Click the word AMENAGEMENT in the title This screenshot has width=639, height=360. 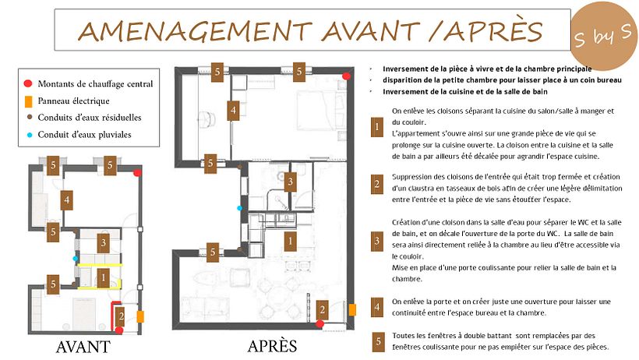point(195,31)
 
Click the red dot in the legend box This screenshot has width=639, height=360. point(28,83)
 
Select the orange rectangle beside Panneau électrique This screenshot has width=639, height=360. point(29,101)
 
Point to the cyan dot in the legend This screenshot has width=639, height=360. point(30,135)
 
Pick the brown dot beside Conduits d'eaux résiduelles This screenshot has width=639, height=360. point(30,118)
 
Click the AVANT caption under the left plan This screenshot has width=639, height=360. point(83,347)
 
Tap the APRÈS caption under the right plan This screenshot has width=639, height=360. point(272,346)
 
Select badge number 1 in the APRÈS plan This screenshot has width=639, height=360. point(290,241)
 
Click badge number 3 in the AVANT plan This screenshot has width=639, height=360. point(104,243)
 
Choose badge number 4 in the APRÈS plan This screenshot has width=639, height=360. point(233,110)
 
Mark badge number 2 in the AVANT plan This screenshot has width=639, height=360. point(121,316)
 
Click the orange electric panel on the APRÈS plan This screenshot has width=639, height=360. point(352,310)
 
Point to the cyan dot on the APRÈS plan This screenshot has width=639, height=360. point(240,208)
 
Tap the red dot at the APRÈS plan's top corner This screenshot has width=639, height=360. point(347,76)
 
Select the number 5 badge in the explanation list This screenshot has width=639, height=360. point(378,341)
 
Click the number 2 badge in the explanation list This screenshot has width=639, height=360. point(377,184)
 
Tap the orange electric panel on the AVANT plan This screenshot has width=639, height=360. point(140,317)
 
